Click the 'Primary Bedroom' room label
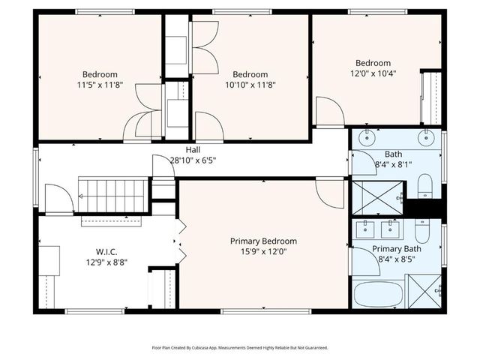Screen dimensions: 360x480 coord(263,241)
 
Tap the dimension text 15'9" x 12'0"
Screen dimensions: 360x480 coord(263,252)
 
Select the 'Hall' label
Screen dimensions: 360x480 coord(193,150)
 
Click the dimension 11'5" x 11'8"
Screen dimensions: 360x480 coord(99,85)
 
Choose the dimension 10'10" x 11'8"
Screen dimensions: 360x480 coord(250,85)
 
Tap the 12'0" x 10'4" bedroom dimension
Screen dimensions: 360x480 coord(373,74)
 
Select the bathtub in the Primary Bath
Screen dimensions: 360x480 coord(378,293)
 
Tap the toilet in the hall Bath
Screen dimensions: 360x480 coord(424,184)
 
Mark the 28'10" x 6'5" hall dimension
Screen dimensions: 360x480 coord(193,160)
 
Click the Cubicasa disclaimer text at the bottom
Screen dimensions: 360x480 coord(240,347)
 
